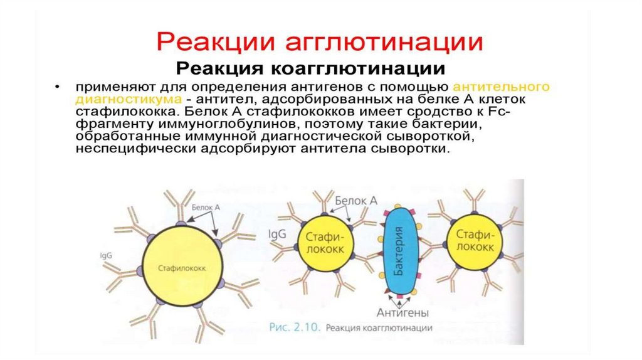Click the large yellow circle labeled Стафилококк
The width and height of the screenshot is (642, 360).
point(181,268)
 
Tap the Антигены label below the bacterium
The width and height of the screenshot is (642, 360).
point(403,312)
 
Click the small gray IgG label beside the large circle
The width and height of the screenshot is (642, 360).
point(105,257)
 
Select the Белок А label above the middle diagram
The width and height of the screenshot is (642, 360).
point(355,200)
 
